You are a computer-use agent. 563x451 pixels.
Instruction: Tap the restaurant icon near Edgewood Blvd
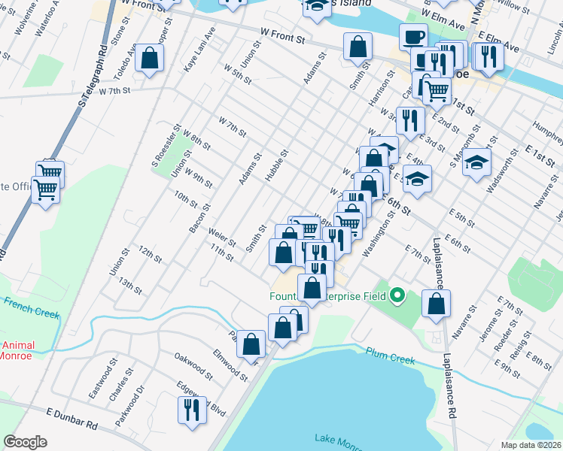click(190, 410)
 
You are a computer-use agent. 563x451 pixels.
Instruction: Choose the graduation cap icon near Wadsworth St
click(476, 162)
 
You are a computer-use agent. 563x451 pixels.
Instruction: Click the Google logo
click(26, 442)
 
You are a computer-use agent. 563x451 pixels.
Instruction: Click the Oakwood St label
click(193, 362)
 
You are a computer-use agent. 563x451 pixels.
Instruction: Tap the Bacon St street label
click(199, 218)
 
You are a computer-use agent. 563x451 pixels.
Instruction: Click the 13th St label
click(130, 285)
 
